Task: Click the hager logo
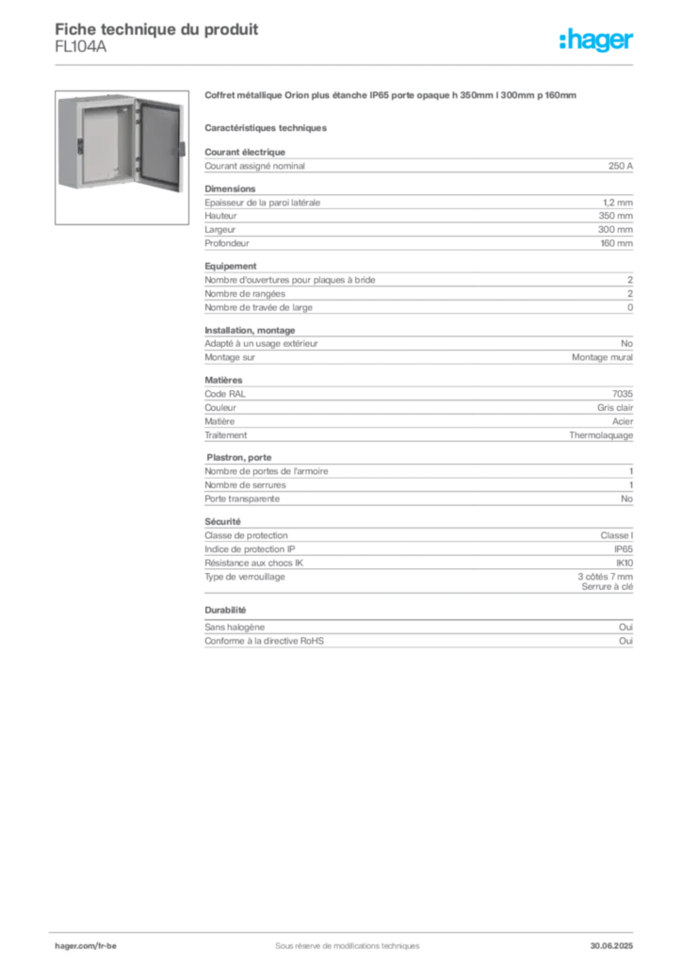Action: coord(596,41)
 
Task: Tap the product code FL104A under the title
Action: coord(81,47)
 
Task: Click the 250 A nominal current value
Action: coord(621,166)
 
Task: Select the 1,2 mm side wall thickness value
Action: coord(617,203)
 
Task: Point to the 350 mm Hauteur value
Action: coord(615,216)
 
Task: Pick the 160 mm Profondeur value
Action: coord(616,243)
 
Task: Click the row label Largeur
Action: coord(220,230)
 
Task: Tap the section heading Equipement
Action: coord(231,266)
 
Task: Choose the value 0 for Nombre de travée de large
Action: coord(630,308)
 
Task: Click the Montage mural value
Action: coord(602,357)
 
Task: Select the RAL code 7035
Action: coord(623,394)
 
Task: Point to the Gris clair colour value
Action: coord(615,407)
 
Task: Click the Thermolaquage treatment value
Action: coord(601,435)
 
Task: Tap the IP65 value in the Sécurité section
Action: coord(624,549)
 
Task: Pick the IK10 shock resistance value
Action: coord(625,564)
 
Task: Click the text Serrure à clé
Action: coord(607,587)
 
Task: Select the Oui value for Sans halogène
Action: coord(626,627)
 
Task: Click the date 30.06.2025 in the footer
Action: coord(611,946)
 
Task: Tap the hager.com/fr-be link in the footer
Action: coord(86,946)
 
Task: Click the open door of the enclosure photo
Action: coord(159,145)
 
